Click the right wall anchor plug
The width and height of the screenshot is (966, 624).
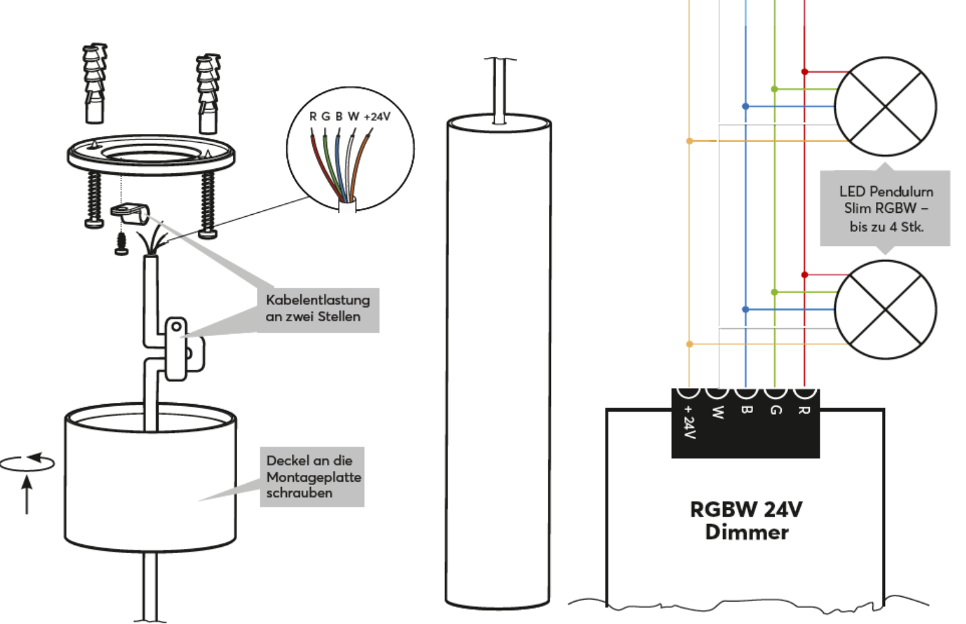[208, 93]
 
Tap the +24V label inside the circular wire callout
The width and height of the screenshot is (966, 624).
[377, 117]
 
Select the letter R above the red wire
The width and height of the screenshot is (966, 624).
[312, 117]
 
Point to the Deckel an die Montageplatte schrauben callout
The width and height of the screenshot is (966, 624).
[312, 477]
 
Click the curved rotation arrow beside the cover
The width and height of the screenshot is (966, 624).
[28, 463]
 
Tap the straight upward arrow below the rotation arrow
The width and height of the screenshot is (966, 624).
[27, 494]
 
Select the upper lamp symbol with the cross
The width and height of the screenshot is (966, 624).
[885, 106]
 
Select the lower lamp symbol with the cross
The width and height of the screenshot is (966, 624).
[885, 310]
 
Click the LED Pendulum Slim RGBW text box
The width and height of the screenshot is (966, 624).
[885, 208]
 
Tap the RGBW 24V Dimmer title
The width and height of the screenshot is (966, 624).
[746, 520]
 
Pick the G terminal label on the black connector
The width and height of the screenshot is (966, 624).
[775, 410]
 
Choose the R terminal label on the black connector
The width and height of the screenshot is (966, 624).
[804, 410]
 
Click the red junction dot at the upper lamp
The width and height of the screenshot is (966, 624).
[805, 72]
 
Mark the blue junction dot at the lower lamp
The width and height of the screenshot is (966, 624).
[745, 310]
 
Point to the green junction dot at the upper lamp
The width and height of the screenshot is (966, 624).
[775, 89]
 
